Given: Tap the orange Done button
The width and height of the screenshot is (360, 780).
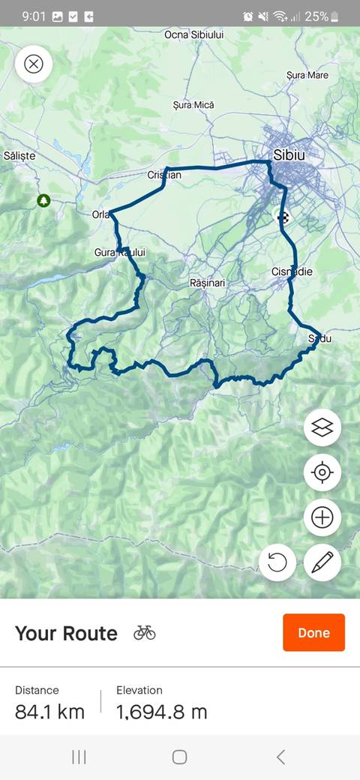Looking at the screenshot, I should (x=313, y=632).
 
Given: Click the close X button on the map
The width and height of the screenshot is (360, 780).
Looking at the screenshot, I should (x=34, y=64).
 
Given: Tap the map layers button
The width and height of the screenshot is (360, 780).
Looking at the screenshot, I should (x=322, y=427).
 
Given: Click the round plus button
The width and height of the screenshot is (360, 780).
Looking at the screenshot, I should (x=322, y=517).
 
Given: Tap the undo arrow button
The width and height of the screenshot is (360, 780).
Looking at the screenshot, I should (x=277, y=562).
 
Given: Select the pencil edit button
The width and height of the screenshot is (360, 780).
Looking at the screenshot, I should (x=322, y=562).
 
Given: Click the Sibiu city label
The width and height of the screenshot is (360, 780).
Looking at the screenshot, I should (x=289, y=155).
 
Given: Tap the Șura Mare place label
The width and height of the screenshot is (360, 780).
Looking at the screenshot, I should (x=307, y=75).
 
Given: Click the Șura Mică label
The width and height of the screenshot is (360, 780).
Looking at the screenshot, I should (x=193, y=105).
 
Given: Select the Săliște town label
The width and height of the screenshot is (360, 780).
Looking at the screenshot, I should (x=19, y=155).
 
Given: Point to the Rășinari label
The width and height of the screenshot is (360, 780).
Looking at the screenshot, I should (x=208, y=283).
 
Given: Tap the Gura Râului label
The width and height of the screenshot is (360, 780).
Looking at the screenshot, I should (x=120, y=253).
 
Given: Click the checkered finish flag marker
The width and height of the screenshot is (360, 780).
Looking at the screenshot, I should (x=283, y=218).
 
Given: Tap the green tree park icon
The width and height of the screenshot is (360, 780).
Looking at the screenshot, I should (x=43, y=200).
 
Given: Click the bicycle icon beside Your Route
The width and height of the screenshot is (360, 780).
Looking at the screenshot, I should (x=145, y=632).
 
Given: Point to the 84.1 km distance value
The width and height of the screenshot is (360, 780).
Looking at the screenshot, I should (x=49, y=711).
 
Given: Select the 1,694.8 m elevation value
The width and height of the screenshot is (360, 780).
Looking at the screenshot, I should (x=161, y=711).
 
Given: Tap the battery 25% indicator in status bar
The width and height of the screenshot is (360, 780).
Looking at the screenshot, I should (x=322, y=16).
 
